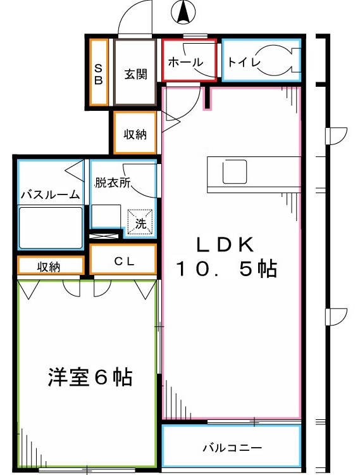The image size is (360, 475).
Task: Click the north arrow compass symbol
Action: click(182, 12)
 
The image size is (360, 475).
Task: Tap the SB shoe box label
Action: click(99, 72)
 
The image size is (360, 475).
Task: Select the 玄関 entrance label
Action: click(135, 73)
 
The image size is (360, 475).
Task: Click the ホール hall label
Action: click(185, 61)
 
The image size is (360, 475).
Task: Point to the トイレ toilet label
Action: click(241, 61)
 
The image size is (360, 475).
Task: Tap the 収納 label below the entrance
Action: click(135, 134)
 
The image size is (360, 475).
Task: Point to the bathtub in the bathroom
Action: click(51, 228)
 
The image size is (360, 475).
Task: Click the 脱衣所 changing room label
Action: click(112, 183)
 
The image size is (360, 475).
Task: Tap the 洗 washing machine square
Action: click(140, 223)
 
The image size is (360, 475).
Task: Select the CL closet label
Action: click(123, 260)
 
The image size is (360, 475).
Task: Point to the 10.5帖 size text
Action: click(225, 270)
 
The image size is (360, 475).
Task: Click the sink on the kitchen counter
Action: click(234, 171)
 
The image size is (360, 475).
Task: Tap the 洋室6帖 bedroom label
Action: click(89, 377)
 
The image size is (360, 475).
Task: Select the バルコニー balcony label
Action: click(232, 448)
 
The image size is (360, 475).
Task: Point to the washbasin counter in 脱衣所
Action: click(105, 216)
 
